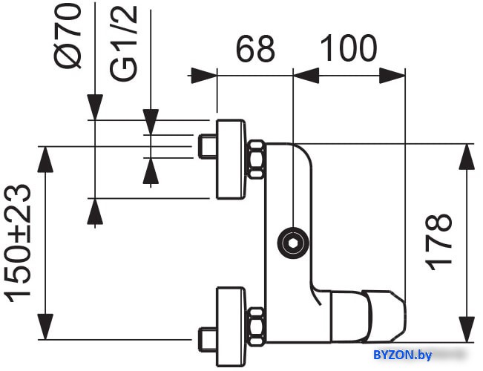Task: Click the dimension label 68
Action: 255,48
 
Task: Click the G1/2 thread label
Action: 123,44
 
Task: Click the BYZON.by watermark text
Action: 403,355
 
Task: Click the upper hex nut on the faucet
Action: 257,160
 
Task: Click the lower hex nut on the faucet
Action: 257,326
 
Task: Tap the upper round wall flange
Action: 231,160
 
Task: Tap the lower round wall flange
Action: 231,327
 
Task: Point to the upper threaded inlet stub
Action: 207,146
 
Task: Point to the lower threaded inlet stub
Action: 207,340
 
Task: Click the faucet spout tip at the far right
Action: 404,318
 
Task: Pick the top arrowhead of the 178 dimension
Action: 467,157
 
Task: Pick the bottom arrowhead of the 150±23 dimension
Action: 45,326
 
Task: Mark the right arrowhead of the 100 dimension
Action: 392,76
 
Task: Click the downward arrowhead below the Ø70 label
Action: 95,107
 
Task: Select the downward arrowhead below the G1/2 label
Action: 151,122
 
